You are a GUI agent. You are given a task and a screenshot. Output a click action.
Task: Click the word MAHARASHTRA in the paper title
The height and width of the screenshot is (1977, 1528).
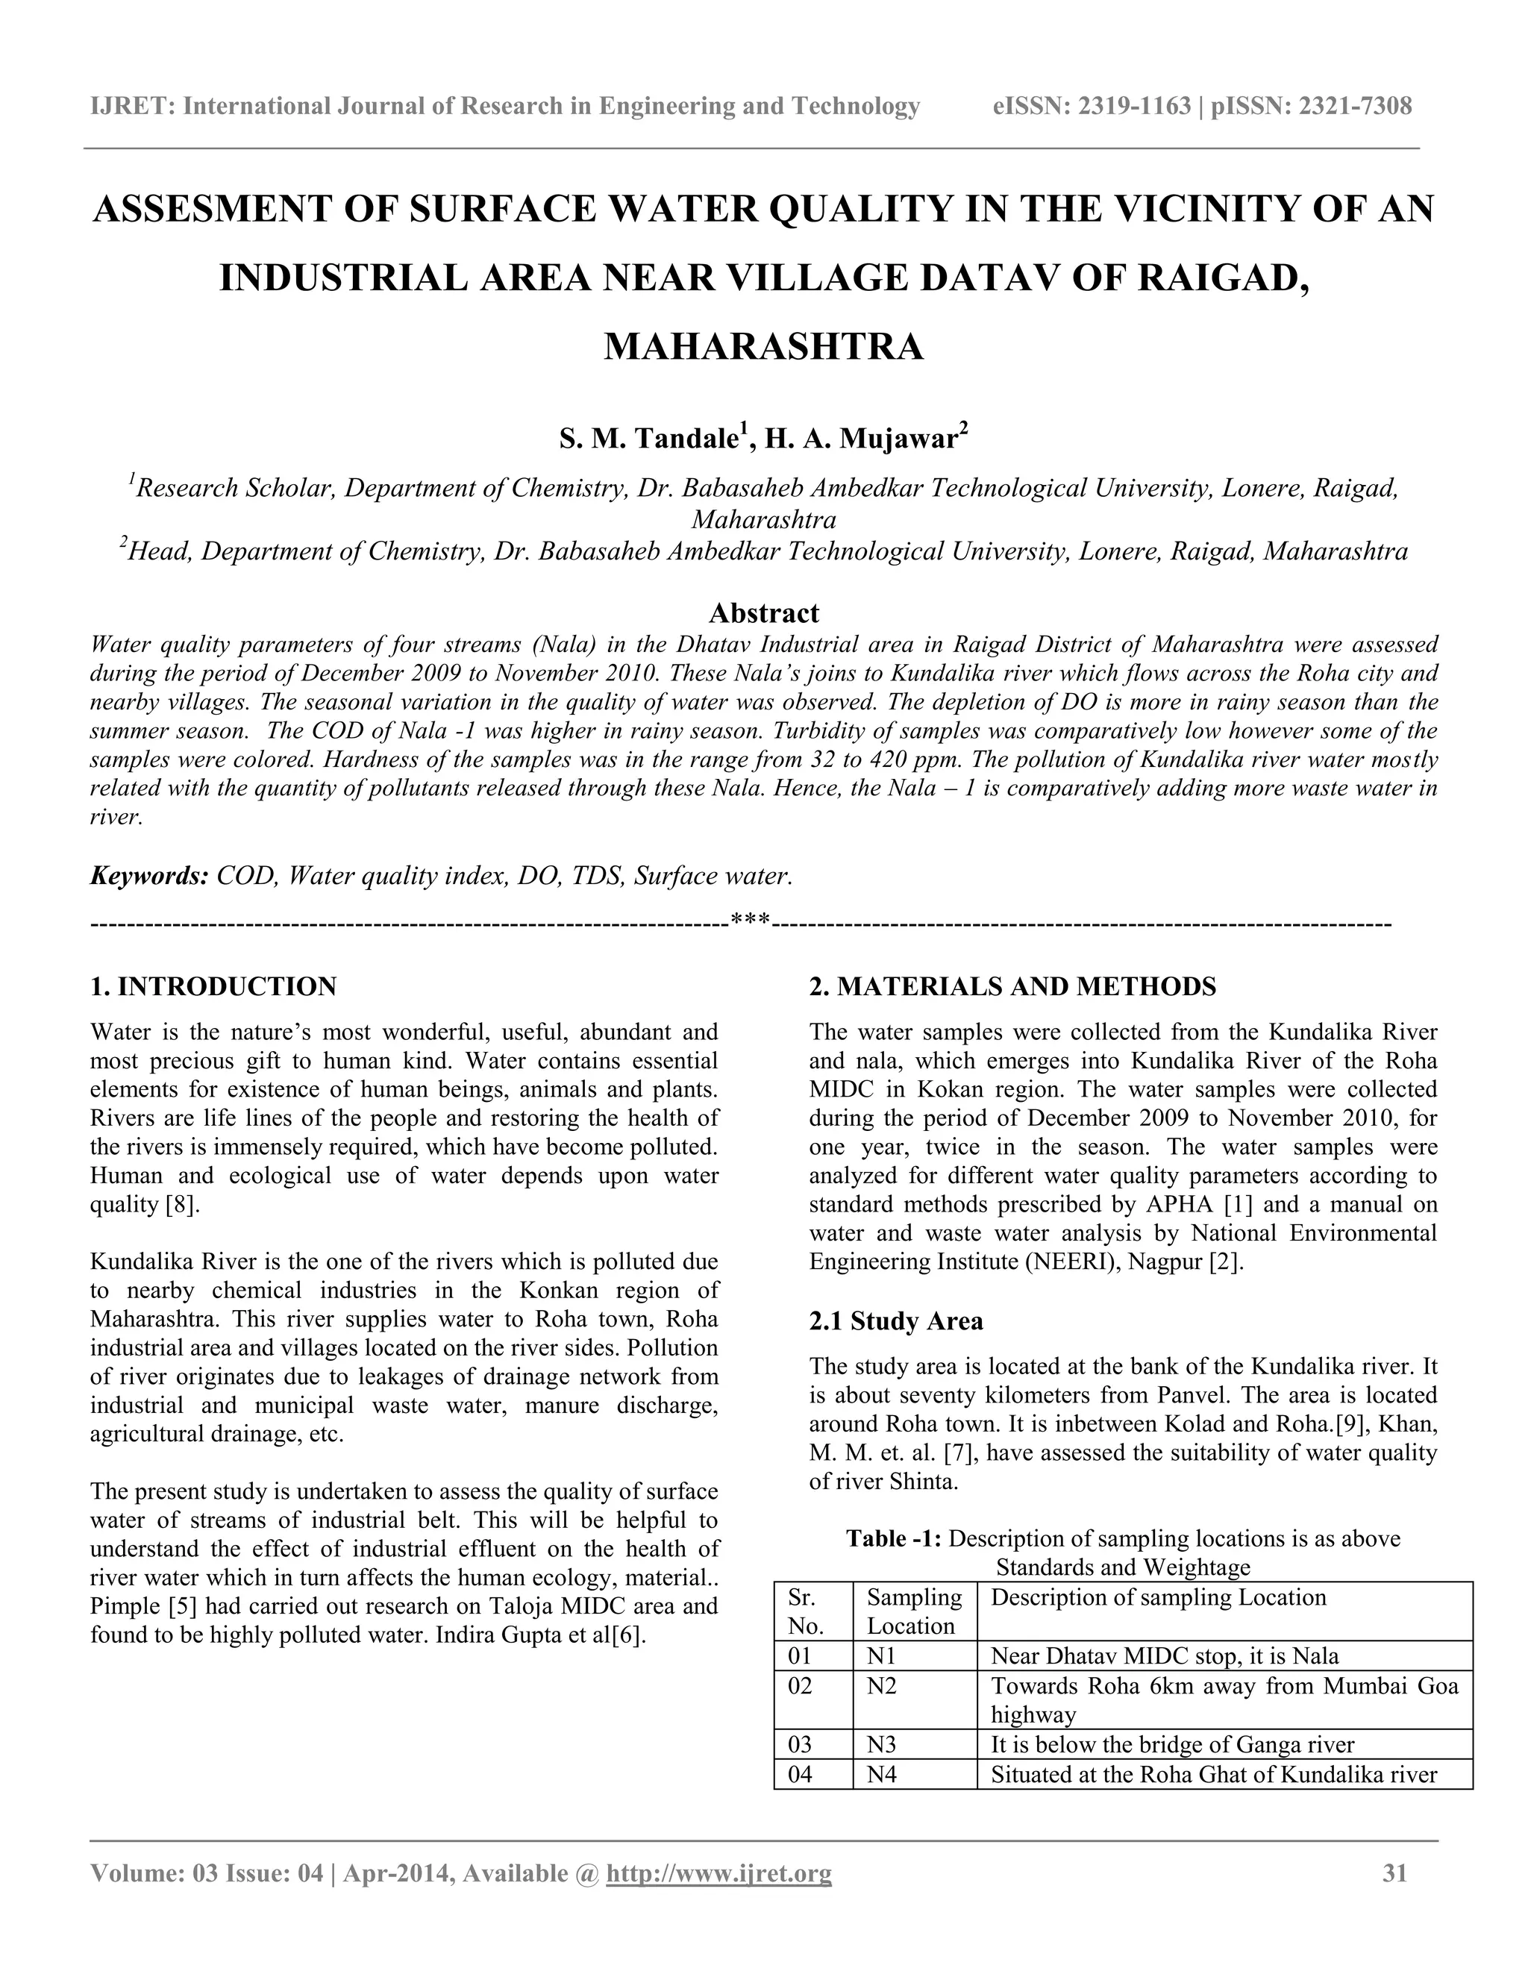pos(763,347)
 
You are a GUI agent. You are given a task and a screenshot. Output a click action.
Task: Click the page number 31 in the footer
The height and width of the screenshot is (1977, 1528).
pos(1395,1873)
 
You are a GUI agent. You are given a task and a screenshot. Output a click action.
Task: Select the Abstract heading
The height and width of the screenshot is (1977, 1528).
pos(763,612)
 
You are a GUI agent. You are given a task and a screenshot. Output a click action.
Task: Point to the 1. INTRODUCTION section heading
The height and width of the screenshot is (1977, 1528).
pos(213,986)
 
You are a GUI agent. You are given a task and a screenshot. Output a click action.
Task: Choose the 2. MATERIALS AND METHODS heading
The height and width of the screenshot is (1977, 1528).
pos(1012,986)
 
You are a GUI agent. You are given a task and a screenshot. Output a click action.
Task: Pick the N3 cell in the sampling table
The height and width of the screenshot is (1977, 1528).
pos(882,1744)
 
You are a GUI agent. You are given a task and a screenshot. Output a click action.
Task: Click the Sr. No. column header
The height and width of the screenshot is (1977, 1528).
pos(806,1611)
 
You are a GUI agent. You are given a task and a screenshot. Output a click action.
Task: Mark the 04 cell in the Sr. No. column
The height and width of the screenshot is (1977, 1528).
pos(801,1774)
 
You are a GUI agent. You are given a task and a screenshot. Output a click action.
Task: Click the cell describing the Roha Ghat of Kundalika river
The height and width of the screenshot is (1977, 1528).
pos(1213,1774)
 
